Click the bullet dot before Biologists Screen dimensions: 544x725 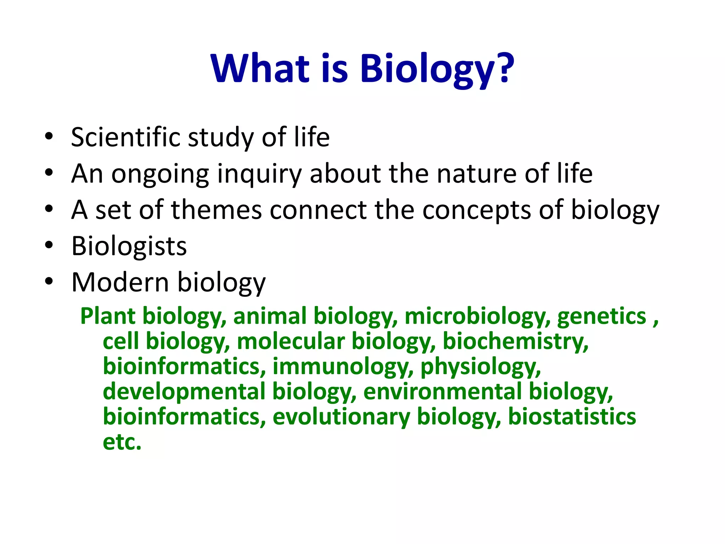point(49,245)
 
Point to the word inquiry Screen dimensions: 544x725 point(259,174)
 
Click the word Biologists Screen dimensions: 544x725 point(129,246)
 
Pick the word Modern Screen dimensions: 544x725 point(120,282)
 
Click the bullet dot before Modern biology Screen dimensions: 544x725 point(49,281)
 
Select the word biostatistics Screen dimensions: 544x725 point(572,416)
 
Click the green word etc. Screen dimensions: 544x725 point(122,442)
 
